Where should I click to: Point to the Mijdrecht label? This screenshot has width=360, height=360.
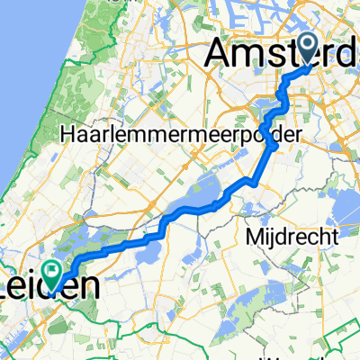pos(290,237)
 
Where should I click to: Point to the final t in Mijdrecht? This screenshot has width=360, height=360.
pos(334,237)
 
